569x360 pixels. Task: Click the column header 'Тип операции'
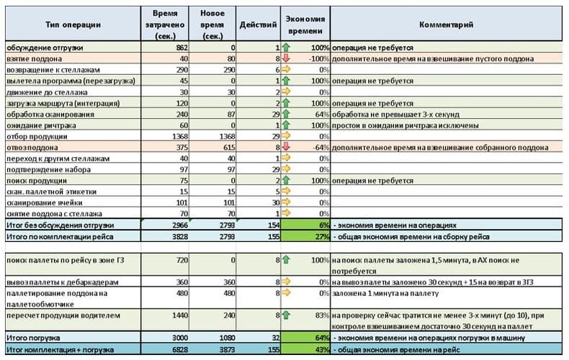(73, 24)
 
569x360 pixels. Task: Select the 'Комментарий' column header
(446, 24)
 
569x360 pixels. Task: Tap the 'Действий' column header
(258, 24)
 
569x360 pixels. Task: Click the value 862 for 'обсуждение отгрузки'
(182, 48)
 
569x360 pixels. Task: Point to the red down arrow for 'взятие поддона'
(286, 58)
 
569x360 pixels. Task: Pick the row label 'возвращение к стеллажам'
(53, 70)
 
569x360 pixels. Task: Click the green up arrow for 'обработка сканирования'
(286, 114)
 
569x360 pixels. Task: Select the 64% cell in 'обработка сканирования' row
(322, 114)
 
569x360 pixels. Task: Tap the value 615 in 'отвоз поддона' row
(229, 148)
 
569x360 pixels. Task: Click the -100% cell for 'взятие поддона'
(319, 59)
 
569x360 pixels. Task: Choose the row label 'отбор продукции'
(37, 137)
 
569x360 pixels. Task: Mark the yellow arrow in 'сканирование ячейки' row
(286, 202)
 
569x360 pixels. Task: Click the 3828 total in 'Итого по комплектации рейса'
(180, 237)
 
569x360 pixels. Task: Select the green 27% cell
(305, 237)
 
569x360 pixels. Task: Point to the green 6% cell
(305, 225)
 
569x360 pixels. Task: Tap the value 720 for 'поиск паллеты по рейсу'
(182, 260)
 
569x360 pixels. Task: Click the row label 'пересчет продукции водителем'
(63, 315)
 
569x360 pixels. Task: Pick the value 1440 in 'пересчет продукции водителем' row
(180, 315)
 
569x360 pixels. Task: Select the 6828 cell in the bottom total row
(180, 350)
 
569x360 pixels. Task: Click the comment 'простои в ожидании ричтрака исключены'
(406, 125)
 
